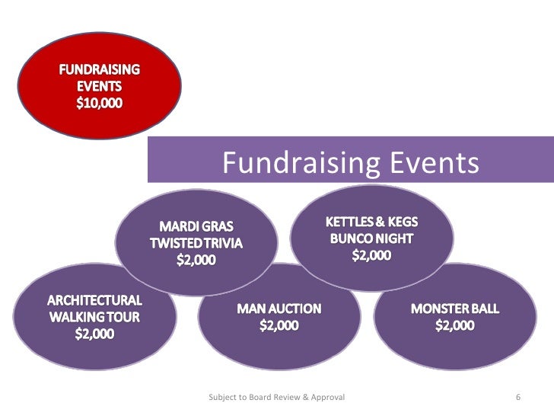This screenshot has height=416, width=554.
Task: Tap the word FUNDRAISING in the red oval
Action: point(98,69)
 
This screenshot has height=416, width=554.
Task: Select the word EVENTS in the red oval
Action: point(97,85)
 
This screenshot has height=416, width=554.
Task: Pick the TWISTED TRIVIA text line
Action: point(196,243)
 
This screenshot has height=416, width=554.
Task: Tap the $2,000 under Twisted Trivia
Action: point(196,260)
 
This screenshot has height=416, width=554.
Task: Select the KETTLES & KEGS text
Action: point(372,222)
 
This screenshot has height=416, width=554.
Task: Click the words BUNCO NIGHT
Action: point(372,238)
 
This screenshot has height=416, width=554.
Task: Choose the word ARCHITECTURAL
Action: point(95,299)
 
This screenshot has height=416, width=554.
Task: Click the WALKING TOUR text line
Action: point(95,315)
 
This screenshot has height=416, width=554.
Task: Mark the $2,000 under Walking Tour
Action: point(95,333)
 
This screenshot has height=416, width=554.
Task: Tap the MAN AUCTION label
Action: point(279,309)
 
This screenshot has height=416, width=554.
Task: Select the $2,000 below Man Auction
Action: point(279,325)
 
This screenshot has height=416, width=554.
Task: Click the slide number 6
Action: point(517,397)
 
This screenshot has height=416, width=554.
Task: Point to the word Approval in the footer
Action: point(327,397)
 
